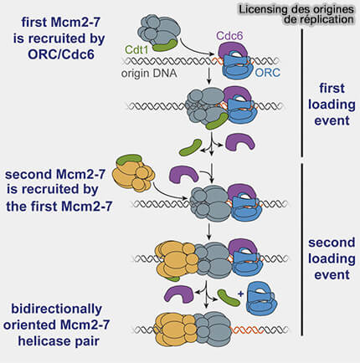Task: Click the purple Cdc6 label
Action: pyautogui.click(x=229, y=36)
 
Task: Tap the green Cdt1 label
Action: pyautogui.click(x=136, y=49)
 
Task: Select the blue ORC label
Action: pyautogui.click(x=267, y=73)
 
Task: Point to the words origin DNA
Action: pyautogui.click(x=149, y=74)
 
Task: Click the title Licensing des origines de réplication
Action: pyautogui.click(x=296, y=14)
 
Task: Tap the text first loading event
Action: pyautogui.click(x=332, y=105)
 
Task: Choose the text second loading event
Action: pyautogui.click(x=332, y=258)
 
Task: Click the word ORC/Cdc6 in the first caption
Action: pyautogui.click(x=61, y=54)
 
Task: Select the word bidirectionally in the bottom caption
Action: pyautogui.click(x=57, y=309)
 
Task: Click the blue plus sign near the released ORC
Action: pyautogui.click(x=240, y=294)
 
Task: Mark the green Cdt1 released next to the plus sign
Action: pyautogui.click(x=229, y=298)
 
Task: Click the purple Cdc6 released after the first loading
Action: pyautogui.click(x=240, y=141)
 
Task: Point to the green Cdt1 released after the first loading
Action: pyautogui.click(x=190, y=148)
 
